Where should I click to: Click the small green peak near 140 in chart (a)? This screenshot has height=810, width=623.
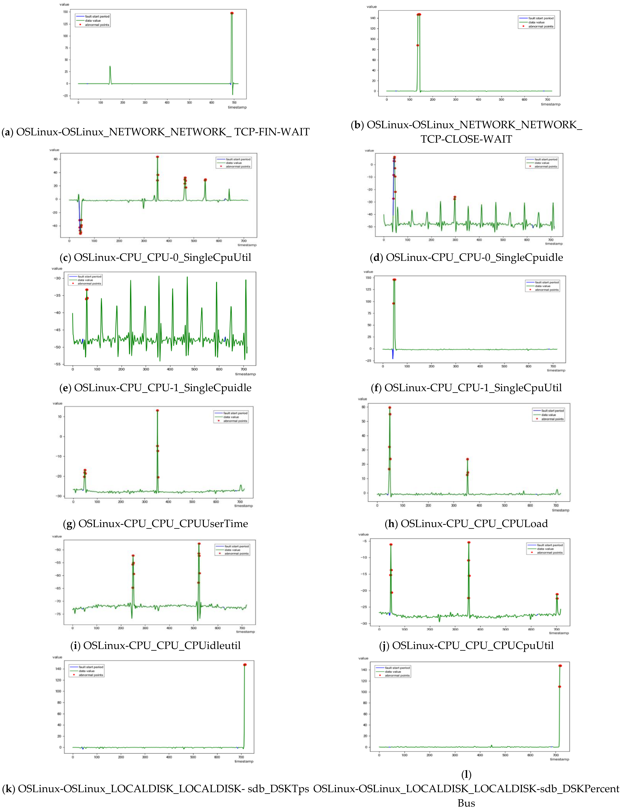[x=110, y=67]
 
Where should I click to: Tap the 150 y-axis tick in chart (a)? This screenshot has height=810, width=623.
[x=65, y=12]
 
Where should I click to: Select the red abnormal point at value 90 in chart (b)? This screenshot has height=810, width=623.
[x=418, y=45]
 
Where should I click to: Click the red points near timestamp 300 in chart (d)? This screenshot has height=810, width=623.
[x=455, y=198]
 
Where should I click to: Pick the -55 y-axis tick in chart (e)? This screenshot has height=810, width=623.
[x=57, y=364]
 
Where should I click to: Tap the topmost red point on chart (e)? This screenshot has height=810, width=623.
[x=87, y=290]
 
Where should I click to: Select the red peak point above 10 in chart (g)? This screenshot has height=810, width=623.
[x=157, y=411]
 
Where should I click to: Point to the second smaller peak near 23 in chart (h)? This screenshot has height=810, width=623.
[x=467, y=459]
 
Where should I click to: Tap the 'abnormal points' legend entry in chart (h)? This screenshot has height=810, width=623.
[x=552, y=419]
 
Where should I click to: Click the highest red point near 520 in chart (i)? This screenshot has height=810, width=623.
[x=199, y=544]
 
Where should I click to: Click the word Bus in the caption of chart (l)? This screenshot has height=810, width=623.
[x=466, y=803]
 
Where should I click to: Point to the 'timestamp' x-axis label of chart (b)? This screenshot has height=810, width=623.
[x=550, y=104]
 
